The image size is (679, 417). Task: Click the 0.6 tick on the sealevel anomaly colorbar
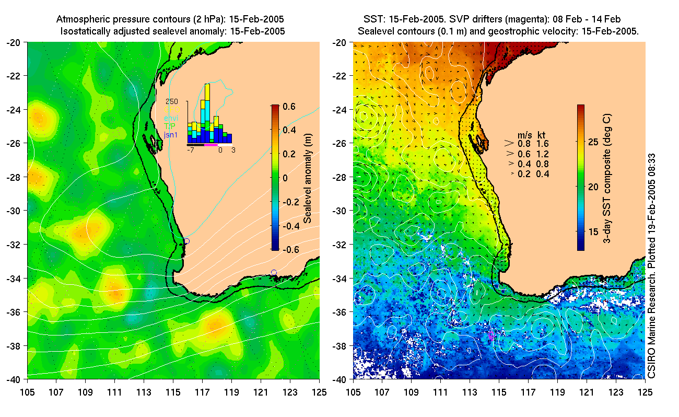289,106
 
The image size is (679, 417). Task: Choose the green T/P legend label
171,126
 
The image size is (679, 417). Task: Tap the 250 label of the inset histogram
172,101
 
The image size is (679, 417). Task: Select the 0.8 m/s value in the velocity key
523,143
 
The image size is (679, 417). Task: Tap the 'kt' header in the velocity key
543,134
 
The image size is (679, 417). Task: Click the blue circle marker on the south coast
274,272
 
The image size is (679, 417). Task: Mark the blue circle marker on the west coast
186,241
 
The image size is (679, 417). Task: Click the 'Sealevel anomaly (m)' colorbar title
308,178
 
